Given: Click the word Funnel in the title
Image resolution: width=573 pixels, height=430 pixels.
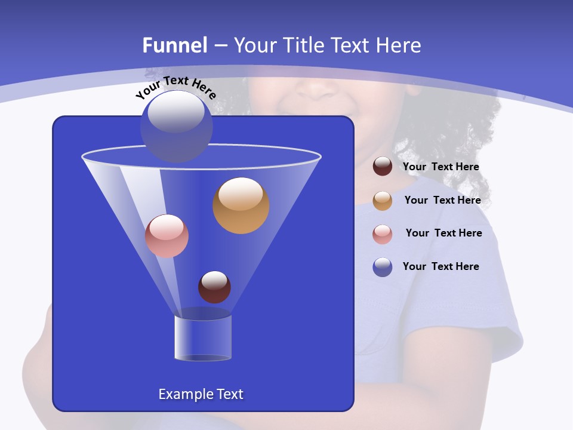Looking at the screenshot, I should click(174, 45).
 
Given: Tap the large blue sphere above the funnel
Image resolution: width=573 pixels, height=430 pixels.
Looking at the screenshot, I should click(177, 126).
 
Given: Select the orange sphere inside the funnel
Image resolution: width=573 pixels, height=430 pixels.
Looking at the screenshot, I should click(241, 205).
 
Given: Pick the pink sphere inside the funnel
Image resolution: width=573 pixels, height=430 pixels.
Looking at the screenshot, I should click(167, 236).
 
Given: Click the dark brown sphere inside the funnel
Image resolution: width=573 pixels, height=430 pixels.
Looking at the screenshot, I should click(214, 287).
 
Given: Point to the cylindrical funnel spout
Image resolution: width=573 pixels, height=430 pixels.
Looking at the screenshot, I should click(203, 337).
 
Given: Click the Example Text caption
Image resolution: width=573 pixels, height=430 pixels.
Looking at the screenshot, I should click(201, 394).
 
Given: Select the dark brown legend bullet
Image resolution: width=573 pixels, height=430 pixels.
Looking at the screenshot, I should click(383, 167).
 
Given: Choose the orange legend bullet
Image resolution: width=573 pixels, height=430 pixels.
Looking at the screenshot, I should click(383, 201).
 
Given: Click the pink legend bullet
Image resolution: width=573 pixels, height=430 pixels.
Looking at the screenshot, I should click(383, 234).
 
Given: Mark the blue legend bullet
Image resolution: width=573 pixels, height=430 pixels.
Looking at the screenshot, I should click(383, 267).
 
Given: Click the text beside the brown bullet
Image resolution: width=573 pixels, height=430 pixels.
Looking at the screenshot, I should click(440, 167).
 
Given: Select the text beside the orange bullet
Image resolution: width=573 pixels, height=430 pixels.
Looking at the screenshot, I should click(442, 201).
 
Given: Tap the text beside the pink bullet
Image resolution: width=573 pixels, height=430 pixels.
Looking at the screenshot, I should click(443, 234).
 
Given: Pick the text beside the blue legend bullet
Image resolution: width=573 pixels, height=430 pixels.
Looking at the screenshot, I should click(440, 267).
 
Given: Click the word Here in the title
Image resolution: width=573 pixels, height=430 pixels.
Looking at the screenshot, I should click(401, 45).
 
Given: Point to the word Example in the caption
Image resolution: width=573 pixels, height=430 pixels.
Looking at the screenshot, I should click(183, 394).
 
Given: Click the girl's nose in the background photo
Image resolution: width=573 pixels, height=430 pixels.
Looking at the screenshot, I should click(316, 90).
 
